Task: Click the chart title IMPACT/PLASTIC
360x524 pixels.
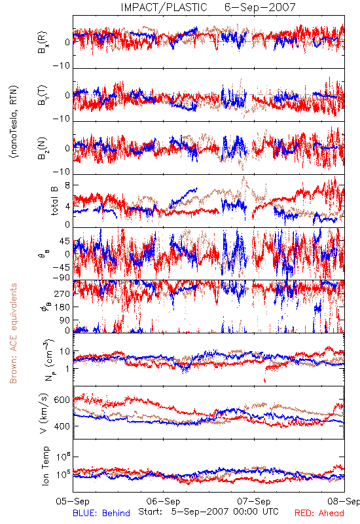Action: (x=164, y=7)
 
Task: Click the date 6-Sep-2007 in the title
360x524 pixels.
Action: (x=260, y=7)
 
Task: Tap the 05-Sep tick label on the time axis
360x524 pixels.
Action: (x=73, y=501)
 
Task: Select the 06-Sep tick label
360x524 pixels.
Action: (x=163, y=501)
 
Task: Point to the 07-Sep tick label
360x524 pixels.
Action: (x=254, y=501)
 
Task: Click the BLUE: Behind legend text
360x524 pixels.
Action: (x=101, y=513)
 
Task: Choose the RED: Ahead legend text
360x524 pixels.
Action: (x=319, y=513)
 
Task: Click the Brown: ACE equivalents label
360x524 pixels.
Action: (x=13, y=333)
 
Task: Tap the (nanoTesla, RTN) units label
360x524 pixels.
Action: (x=14, y=122)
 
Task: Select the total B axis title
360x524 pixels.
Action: (x=54, y=201)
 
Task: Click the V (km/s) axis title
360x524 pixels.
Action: (x=44, y=413)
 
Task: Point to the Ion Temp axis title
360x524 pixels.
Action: (x=45, y=466)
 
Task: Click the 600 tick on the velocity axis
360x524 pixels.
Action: (x=62, y=400)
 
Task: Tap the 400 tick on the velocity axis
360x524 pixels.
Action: (x=62, y=426)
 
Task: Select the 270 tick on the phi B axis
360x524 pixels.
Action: (x=62, y=293)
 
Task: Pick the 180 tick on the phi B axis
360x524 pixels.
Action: (x=62, y=307)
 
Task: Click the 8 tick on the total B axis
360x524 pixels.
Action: (x=67, y=185)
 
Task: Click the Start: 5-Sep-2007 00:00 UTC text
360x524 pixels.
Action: (x=208, y=512)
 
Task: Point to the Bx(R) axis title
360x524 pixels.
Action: (x=43, y=42)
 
